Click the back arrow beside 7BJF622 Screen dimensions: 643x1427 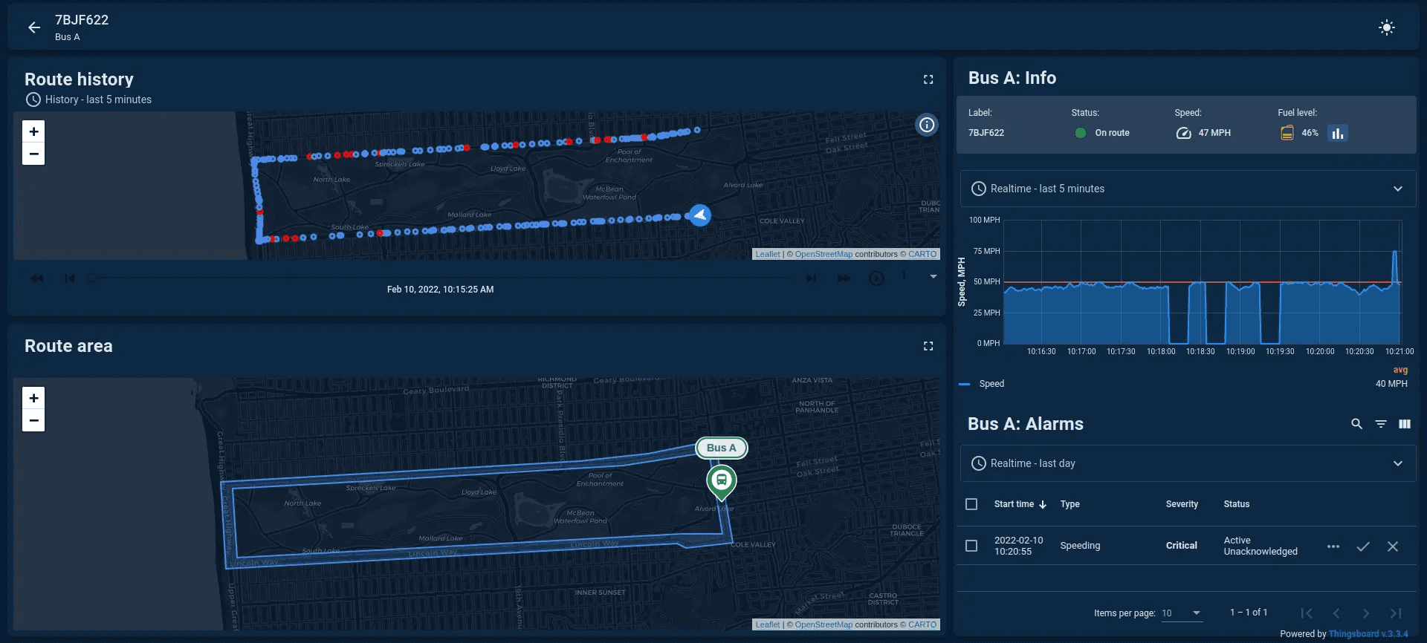click(34, 27)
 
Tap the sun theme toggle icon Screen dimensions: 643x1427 click(1386, 27)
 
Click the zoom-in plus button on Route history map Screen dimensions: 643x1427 click(33, 131)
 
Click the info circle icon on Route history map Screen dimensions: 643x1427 click(926, 125)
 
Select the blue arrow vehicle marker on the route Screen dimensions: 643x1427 click(699, 215)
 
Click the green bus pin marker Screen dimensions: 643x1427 click(721, 480)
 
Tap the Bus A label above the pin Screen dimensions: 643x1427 click(721, 448)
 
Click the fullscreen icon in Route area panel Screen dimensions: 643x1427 click(928, 346)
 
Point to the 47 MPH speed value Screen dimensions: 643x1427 click(1214, 133)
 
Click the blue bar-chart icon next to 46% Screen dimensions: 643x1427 click(1337, 133)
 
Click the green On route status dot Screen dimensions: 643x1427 click(1081, 133)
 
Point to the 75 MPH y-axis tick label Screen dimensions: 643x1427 click(986, 251)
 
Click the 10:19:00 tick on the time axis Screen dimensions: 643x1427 click(1240, 351)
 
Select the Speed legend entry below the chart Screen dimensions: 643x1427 click(991, 384)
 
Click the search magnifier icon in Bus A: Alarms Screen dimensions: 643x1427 click(1356, 424)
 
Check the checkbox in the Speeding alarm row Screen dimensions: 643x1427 click(971, 546)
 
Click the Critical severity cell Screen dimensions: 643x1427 click(1181, 546)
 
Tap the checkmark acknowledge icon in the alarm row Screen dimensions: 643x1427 click(1362, 546)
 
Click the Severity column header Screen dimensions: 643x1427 click(1181, 504)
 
